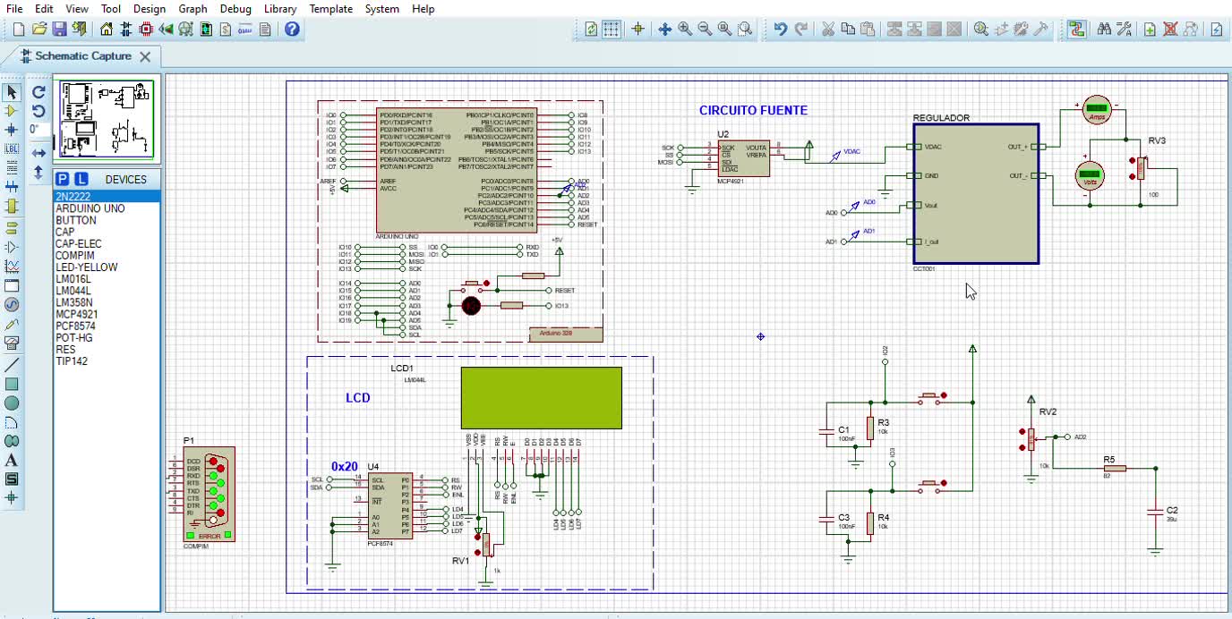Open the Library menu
pos(279,9)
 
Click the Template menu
pos(330,9)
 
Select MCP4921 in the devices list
pos(77,314)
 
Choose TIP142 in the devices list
pos(72,361)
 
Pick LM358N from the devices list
pos(74,302)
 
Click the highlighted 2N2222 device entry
pos(73,196)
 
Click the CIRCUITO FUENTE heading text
pos(753,110)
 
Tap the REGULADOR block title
pos(941,118)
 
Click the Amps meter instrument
pos(1097,111)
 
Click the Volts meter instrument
pos(1090,175)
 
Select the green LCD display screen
pos(542,397)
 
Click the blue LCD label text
pos(358,398)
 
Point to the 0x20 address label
pos(345,466)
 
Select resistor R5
pos(1114,468)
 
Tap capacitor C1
pos(828,433)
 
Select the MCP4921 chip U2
pos(743,157)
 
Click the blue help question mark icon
pos(292,30)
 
